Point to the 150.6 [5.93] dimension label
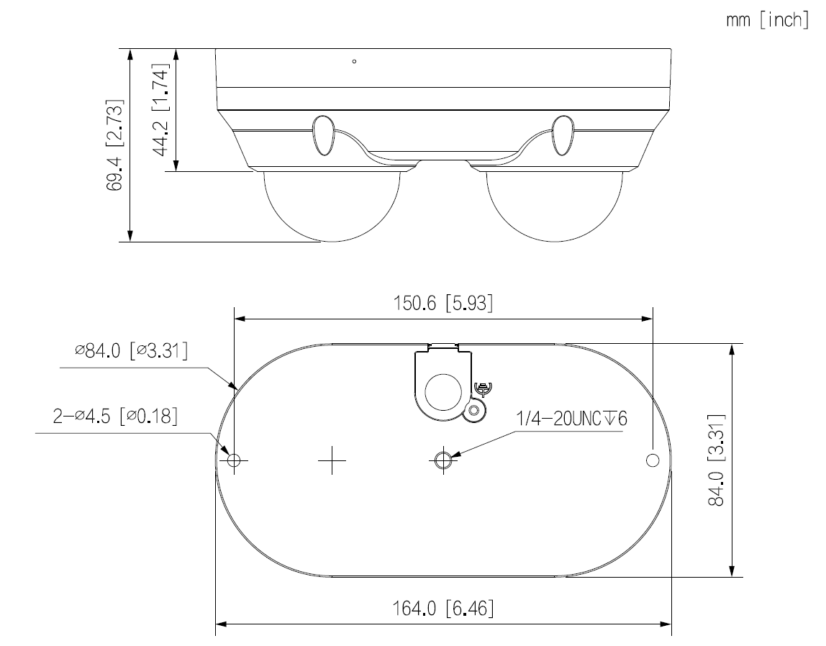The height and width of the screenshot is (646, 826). pyautogui.click(x=443, y=303)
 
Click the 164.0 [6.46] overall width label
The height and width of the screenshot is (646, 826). pyautogui.click(x=443, y=609)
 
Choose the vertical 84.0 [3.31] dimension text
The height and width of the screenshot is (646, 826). pyautogui.click(x=715, y=460)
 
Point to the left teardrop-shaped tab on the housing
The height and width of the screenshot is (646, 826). pyautogui.click(x=323, y=135)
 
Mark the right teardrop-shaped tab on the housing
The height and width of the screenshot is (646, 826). pyautogui.click(x=563, y=135)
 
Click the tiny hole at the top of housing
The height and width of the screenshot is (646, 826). pyautogui.click(x=354, y=62)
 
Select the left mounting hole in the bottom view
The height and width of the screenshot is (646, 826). pyautogui.click(x=234, y=460)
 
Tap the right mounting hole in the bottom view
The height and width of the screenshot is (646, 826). pyautogui.click(x=653, y=460)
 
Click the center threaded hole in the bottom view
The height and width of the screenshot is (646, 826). pyautogui.click(x=444, y=460)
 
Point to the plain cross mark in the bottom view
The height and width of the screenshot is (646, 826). pyautogui.click(x=332, y=460)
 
